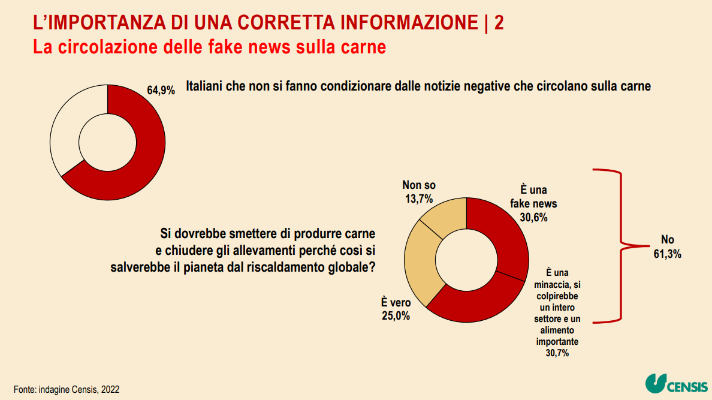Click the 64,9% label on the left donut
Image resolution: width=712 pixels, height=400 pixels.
[x=161, y=91]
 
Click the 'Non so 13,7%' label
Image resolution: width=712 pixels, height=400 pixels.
[x=419, y=192]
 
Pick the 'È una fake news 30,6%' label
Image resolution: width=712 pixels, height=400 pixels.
[x=529, y=204]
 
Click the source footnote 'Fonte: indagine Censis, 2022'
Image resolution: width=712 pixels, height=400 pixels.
[x=67, y=389]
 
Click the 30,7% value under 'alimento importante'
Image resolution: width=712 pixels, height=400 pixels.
[x=557, y=353]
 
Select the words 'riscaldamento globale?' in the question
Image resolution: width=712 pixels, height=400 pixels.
[x=311, y=267]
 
